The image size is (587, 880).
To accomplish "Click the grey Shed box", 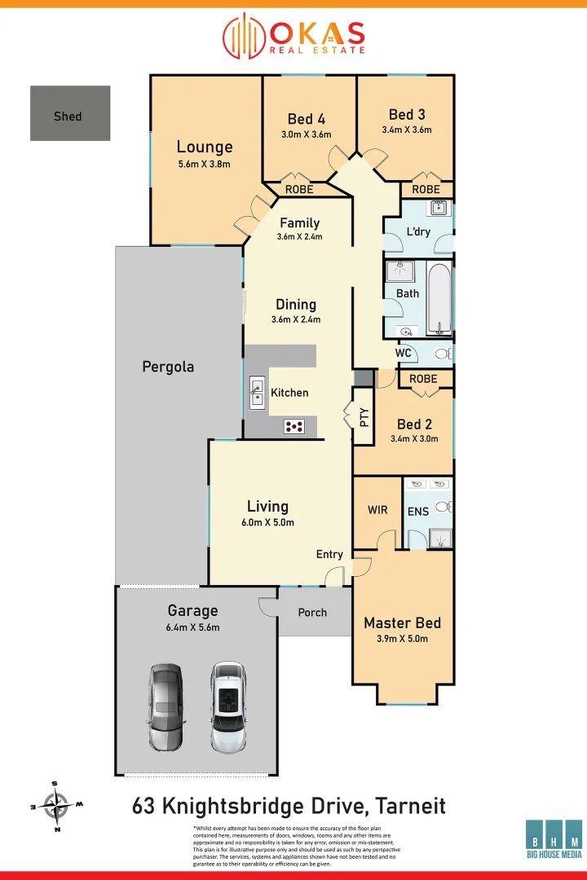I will (x=70, y=113).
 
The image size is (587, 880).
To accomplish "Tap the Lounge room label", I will (x=205, y=147).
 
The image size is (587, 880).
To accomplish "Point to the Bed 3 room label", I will (x=407, y=114).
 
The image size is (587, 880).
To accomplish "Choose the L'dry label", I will (x=418, y=232).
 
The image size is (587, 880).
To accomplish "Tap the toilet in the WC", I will (x=443, y=354).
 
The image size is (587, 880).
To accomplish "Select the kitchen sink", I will (x=257, y=392).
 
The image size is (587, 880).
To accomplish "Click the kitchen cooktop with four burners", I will (x=294, y=425).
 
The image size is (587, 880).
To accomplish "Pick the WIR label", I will (x=377, y=510).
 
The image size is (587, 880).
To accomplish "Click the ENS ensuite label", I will (x=419, y=511).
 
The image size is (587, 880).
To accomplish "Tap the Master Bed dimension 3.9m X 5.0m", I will (x=402, y=639).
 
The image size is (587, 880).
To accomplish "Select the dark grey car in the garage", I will (x=166, y=706).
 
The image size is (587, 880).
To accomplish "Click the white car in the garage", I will (x=227, y=706).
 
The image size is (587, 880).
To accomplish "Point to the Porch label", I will (x=312, y=613).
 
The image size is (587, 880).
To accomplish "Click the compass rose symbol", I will (x=56, y=806).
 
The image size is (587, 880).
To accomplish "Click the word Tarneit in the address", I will (x=411, y=807).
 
